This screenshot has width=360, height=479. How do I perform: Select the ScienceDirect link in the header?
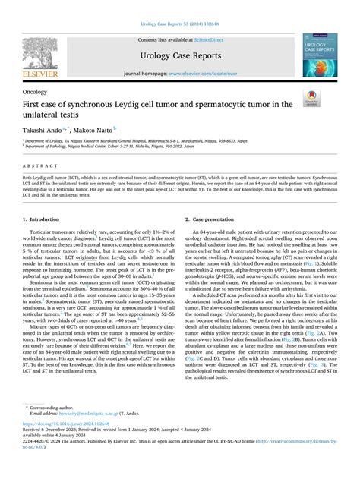[x=208, y=39]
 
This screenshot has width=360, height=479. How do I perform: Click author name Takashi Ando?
[x=43, y=130]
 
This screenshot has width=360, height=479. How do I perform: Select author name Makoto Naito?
[x=93, y=130]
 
